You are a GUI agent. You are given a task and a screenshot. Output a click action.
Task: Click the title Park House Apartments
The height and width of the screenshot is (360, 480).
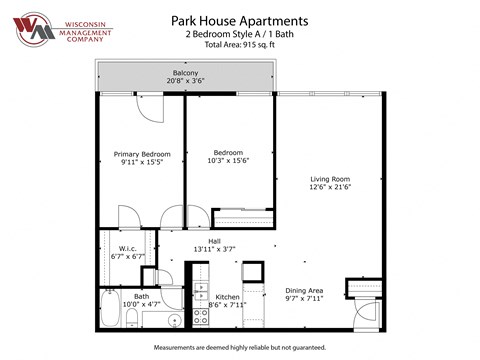[240, 19]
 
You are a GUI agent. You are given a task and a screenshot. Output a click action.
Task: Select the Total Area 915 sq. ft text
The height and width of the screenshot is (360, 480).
[240, 46]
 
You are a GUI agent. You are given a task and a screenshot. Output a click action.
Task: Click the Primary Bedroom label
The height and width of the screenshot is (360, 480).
[142, 154]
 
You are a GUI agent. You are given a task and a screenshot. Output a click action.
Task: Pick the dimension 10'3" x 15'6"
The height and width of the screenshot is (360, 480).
[229, 160]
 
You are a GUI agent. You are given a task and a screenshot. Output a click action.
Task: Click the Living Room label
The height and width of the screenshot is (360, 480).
[330, 179]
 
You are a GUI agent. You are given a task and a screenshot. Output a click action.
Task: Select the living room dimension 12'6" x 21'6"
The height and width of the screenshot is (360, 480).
[330, 187]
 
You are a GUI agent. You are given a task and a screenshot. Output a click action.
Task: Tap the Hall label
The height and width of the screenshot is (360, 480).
[214, 240]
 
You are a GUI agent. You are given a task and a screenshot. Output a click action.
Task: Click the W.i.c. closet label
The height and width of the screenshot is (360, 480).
[127, 249]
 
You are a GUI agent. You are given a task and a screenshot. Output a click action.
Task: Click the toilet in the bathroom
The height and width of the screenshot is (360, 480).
[131, 316]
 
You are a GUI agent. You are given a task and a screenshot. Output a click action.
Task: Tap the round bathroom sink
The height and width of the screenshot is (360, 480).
[173, 320]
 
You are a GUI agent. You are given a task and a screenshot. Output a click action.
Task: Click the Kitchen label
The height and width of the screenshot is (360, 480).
[227, 297]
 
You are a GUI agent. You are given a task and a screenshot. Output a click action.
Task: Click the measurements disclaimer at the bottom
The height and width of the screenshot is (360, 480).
[240, 347]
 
